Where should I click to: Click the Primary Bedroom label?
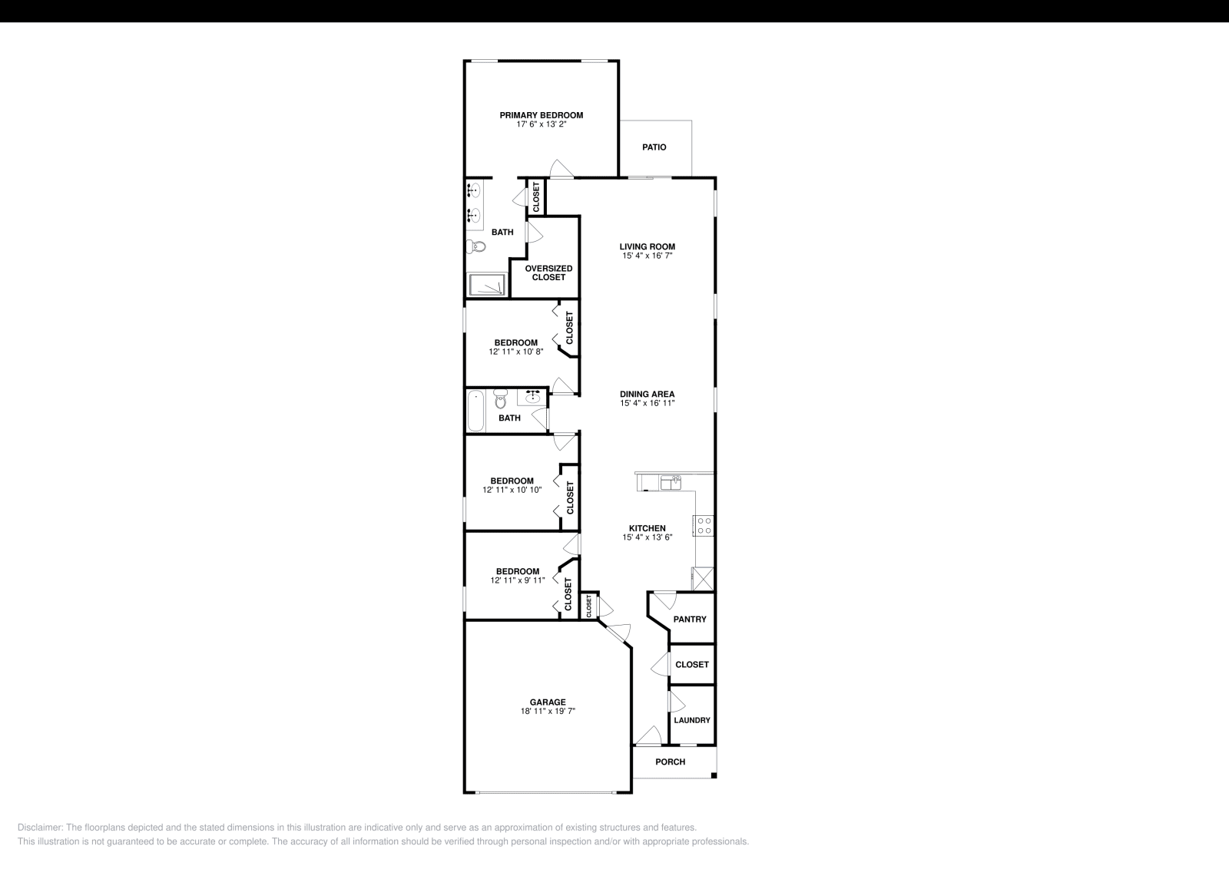coord(541,115)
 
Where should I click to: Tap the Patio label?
coord(654,147)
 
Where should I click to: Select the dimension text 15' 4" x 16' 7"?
coord(648,256)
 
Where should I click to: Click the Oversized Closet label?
coord(548,273)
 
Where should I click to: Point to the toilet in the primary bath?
coord(477,246)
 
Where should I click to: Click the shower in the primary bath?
coord(488,285)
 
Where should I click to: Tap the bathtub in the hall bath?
coord(475,411)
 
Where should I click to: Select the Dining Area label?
coord(648,395)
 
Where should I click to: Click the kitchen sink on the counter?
coord(671,483)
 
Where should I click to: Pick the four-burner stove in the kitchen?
coord(704,526)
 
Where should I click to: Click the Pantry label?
coord(689,620)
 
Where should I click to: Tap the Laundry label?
coord(691,720)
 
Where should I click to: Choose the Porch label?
coord(670,762)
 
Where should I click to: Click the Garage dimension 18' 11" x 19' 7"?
coord(548,712)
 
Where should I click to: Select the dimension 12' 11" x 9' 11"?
coord(518,580)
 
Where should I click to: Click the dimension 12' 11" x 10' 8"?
coord(516,352)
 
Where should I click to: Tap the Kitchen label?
coord(648,528)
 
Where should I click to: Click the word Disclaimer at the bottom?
coord(40,828)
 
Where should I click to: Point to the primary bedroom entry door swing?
coord(561,168)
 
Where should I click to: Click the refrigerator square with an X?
coord(703,578)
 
